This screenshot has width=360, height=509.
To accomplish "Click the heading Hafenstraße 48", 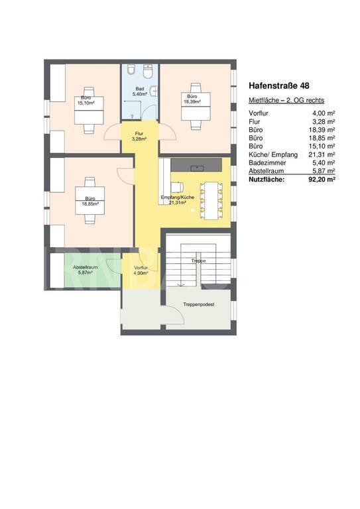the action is point(279,85).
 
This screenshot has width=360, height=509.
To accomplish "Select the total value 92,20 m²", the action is point(322,179).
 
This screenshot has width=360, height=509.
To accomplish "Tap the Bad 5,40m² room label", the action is point(140,91).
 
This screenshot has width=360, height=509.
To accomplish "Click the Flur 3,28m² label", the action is point(139,136).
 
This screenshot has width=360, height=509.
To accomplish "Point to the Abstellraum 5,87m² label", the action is point(86,270).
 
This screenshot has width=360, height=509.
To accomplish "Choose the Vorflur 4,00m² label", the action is point(141,270).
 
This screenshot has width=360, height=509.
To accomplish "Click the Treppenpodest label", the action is point(199,304).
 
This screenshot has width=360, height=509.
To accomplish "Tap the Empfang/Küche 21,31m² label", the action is point(177,200).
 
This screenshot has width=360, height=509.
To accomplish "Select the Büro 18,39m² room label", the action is point(192,99).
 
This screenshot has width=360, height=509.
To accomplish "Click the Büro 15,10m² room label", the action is point(86,100).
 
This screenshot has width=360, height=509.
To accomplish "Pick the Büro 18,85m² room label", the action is point(90,201).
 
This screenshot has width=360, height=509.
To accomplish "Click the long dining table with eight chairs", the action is point(211,201).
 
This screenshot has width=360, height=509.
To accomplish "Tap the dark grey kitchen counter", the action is point(196,165).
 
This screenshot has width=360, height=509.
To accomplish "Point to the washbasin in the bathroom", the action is point(155,91).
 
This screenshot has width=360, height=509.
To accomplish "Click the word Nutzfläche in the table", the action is point(267,179).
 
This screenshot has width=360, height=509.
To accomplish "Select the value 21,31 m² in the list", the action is point(322,154).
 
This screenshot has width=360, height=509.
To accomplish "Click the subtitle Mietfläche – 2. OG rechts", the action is point(286,100).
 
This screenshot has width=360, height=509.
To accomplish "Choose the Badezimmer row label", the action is point(267,162).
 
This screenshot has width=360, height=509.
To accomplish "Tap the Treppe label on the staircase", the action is point(198,260).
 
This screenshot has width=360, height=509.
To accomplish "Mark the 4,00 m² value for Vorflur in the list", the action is point(324,113).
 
